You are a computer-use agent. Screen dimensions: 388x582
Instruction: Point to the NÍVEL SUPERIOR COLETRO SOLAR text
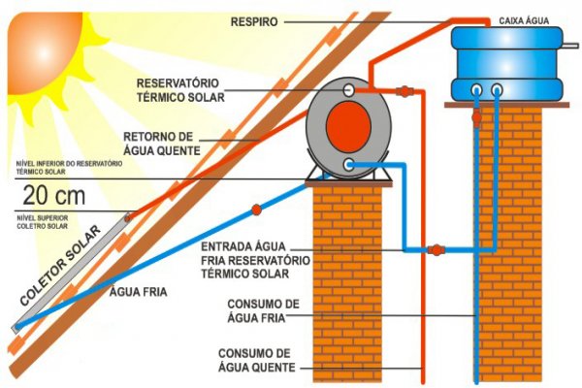43,223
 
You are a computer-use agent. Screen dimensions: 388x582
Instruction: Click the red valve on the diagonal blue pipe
256,209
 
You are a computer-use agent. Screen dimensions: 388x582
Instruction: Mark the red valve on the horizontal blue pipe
436,249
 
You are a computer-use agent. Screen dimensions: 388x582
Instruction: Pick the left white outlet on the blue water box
478,90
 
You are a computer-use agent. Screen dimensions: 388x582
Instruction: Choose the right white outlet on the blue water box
498,90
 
